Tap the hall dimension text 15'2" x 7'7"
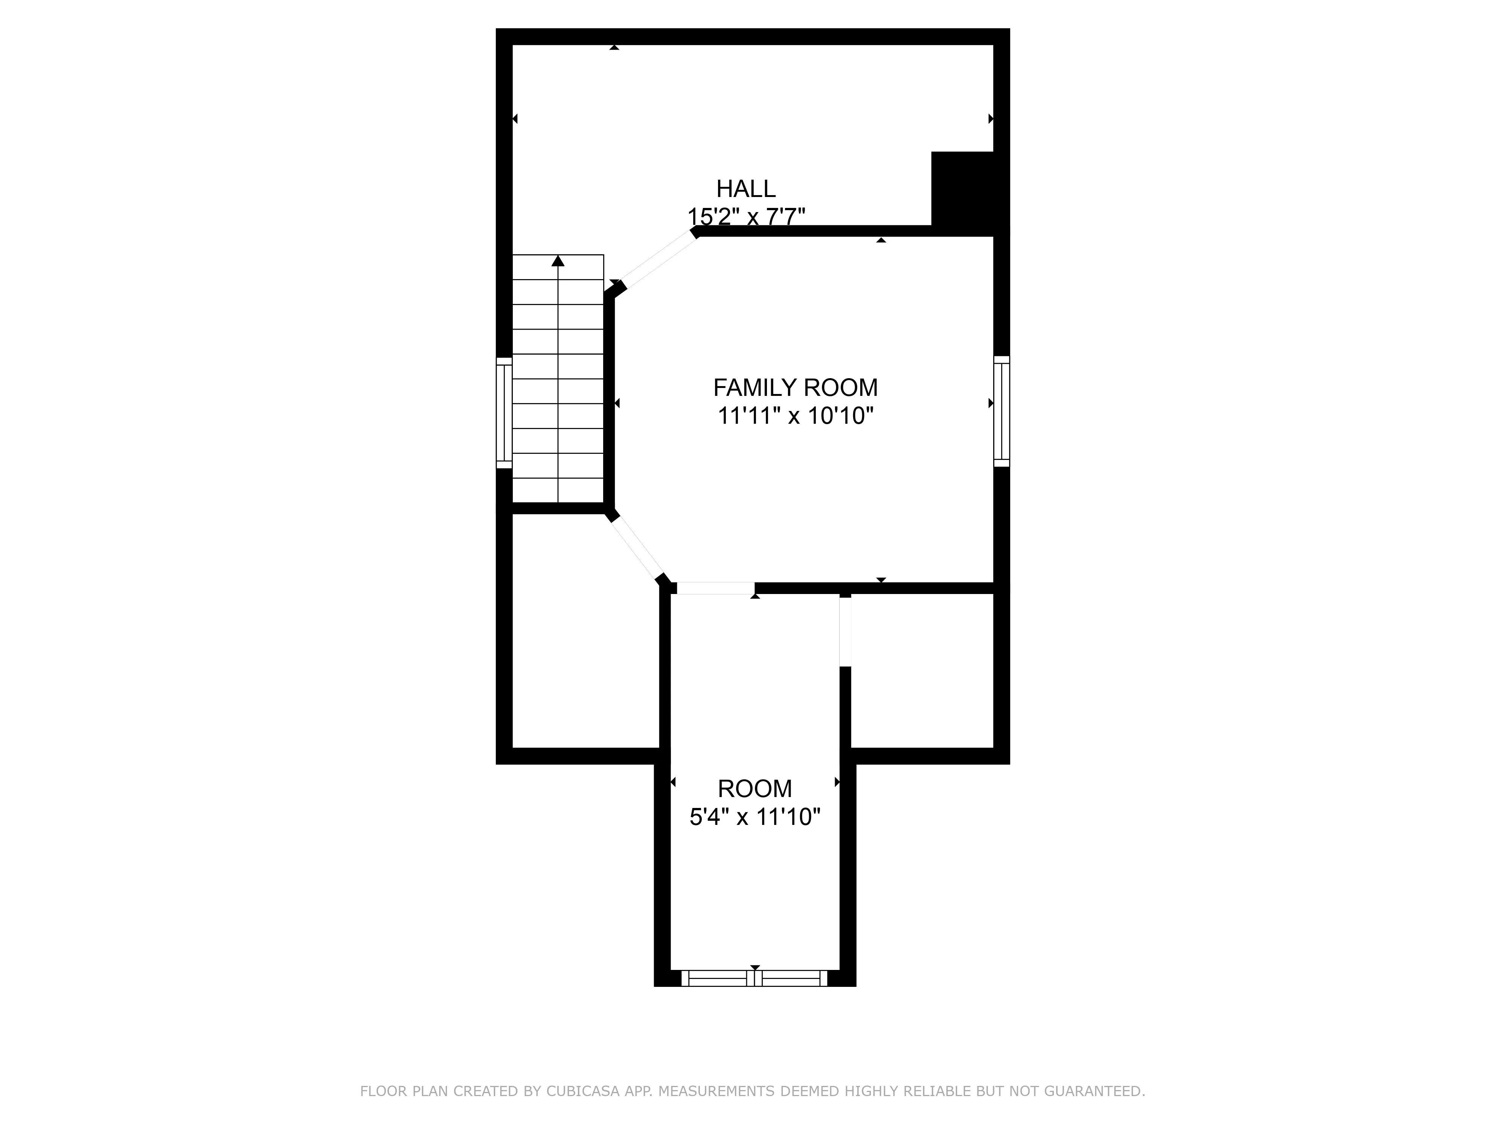pos(746,217)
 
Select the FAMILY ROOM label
pos(795,388)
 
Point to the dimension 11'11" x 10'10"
pos(795,415)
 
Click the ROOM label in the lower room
pos(755,789)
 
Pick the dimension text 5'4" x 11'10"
pos(755,817)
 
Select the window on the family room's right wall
pos(1001,411)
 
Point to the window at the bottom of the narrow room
pos(755,978)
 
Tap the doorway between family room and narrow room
pos(715,588)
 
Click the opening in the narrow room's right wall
pos(845,631)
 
